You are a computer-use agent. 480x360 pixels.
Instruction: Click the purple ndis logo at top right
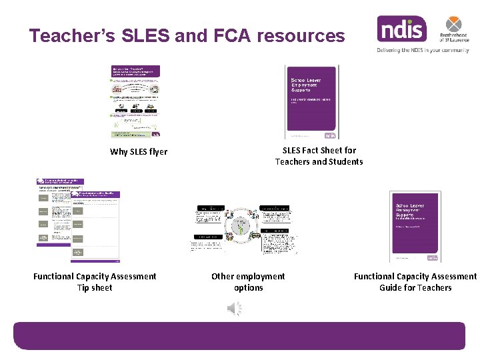tap(401, 29)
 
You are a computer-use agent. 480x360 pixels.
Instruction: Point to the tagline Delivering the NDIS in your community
tap(423, 50)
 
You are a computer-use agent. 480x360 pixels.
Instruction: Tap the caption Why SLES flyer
tap(139, 151)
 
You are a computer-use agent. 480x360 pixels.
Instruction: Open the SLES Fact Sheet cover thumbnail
tap(312, 101)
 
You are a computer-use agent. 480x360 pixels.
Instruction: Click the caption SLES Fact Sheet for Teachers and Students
tap(319, 156)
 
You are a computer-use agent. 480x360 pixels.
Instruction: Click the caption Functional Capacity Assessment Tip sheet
tap(95, 282)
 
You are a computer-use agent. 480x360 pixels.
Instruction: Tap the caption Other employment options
tap(248, 282)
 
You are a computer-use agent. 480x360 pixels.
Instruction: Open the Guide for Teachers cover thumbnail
tap(415, 227)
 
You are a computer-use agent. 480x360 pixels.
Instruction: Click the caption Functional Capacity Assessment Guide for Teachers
tap(415, 282)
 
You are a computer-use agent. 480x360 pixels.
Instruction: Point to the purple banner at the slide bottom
tap(239, 335)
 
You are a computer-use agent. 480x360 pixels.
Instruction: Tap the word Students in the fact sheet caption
tap(345, 162)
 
